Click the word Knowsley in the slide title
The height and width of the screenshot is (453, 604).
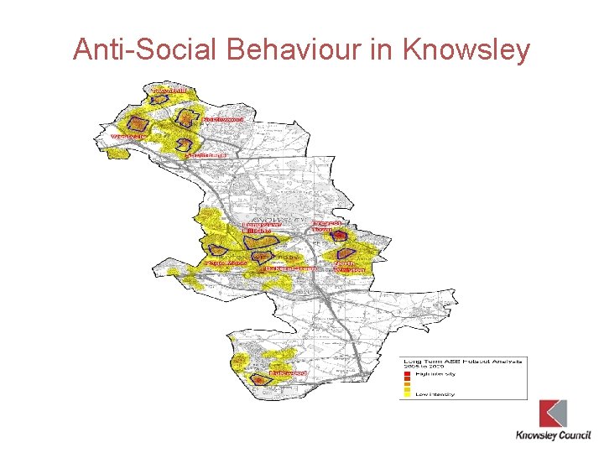click(466, 49)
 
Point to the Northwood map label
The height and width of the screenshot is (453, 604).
click(223, 120)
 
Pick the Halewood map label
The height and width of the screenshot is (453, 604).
click(289, 372)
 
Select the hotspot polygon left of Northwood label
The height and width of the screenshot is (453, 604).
click(188, 117)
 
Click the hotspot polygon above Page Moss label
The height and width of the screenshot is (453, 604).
click(217, 250)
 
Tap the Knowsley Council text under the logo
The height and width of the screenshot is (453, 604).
click(553, 435)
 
